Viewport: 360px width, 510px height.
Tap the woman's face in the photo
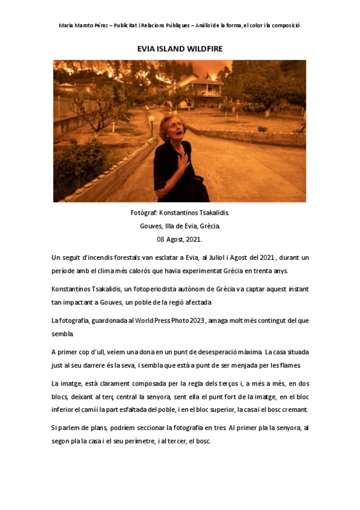coord(169,129)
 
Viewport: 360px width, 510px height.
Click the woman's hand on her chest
coord(181,159)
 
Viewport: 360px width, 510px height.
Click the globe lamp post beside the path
coord(152,118)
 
